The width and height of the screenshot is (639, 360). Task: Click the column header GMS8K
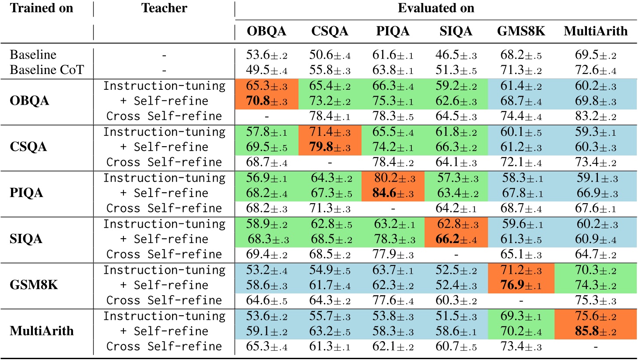(521, 31)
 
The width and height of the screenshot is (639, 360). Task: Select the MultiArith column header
(595, 31)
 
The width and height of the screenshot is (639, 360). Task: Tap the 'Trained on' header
(41, 8)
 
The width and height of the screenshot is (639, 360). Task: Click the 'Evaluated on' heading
(435, 8)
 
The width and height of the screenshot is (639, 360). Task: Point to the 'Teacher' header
(164, 8)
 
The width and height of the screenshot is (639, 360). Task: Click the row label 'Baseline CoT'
(46, 70)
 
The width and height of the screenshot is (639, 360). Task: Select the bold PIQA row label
(26, 193)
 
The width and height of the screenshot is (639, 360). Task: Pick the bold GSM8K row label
(33, 285)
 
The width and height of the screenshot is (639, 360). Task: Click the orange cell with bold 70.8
(267, 101)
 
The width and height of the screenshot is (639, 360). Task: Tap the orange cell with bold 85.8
(595, 331)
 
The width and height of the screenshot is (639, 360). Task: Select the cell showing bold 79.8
(330, 147)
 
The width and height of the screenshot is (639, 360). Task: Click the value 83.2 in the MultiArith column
(595, 116)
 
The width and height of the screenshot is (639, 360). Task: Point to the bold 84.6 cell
(393, 193)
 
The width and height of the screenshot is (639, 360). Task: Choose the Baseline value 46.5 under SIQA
(456, 55)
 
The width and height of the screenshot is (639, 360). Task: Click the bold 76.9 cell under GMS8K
(521, 285)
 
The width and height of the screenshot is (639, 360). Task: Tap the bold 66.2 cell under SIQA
(456, 239)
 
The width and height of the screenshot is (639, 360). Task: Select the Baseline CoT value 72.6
(595, 70)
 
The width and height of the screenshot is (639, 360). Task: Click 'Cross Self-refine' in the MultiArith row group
(164, 346)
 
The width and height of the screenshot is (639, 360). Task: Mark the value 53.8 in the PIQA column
(393, 316)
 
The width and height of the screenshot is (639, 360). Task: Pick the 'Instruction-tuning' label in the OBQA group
(164, 86)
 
